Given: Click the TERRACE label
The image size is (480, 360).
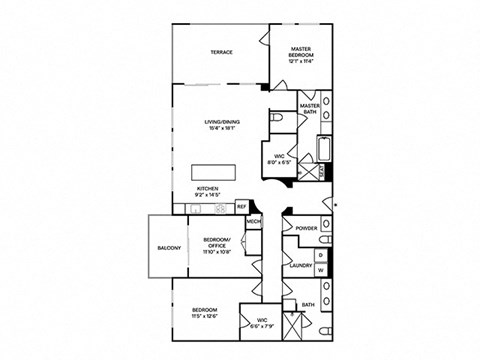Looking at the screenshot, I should click(221, 52).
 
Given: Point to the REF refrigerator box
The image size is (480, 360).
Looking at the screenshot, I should click(241, 207).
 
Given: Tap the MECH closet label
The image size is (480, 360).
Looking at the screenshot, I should click(254, 221).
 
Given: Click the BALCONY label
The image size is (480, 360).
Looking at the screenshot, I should click(168, 248).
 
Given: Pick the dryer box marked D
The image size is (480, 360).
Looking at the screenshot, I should click(320, 256).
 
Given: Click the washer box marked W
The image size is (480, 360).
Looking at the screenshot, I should click(320, 269).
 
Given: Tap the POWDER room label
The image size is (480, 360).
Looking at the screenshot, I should click(306, 228).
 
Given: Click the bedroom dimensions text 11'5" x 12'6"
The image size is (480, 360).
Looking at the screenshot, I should click(204, 317).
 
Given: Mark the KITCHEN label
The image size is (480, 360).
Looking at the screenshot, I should click(208, 187).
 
